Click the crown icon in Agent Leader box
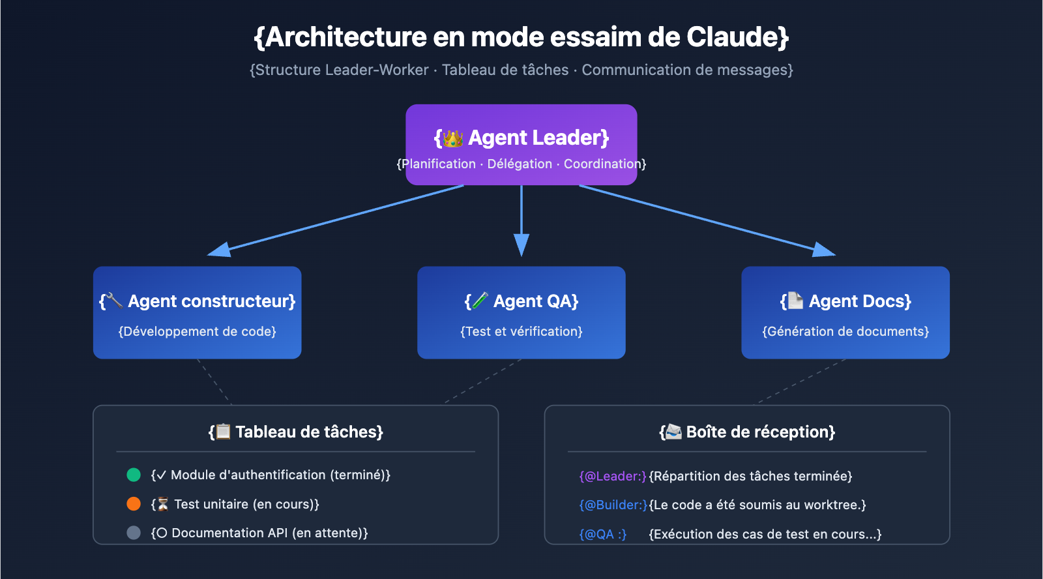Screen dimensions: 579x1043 (x=452, y=138)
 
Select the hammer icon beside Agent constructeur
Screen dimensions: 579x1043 (x=114, y=301)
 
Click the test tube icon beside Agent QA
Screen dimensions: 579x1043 (x=480, y=301)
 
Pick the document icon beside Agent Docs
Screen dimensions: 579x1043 (x=795, y=301)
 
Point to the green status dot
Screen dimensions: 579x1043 (x=134, y=475)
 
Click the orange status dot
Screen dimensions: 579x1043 (x=134, y=504)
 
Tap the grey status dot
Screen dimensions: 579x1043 (x=134, y=533)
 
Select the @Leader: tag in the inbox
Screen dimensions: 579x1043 (x=613, y=476)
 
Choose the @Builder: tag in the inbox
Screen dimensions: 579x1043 (x=613, y=505)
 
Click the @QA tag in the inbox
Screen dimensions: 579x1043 (x=603, y=534)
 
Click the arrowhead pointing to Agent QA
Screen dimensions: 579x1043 (x=521, y=245)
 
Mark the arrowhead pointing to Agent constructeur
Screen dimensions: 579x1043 (x=219, y=250)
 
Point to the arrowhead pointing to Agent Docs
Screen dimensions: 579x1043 (x=824, y=250)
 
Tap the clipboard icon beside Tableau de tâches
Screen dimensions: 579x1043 (x=223, y=432)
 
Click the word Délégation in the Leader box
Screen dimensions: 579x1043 (x=520, y=164)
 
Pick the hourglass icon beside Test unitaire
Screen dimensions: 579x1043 (x=163, y=504)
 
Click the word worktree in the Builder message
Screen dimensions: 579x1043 (x=832, y=505)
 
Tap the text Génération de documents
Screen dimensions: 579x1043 (x=845, y=331)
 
